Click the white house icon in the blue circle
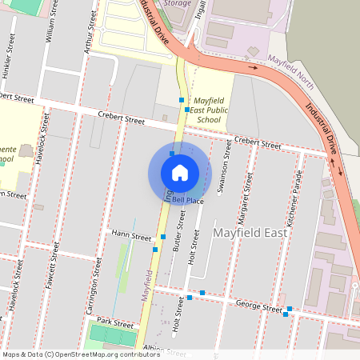[x=180, y=172]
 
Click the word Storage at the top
[x=177, y=3]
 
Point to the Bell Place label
[x=186, y=201]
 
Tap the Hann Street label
[x=131, y=237]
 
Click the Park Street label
[x=114, y=323]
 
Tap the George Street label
[x=260, y=305]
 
